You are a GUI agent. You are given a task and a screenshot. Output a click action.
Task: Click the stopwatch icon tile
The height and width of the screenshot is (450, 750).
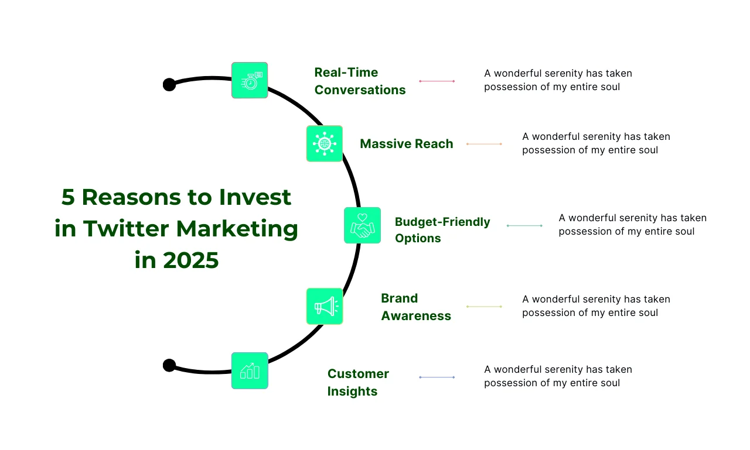tap(250, 80)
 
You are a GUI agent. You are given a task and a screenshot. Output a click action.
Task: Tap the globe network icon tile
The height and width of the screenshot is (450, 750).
tap(325, 144)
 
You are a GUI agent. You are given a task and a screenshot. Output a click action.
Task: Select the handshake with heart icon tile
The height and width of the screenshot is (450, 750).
tap(362, 225)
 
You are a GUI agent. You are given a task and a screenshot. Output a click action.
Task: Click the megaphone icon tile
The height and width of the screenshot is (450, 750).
tap(325, 306)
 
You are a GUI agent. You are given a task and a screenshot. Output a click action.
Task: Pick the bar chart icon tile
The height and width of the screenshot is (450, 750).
tap(250, 371)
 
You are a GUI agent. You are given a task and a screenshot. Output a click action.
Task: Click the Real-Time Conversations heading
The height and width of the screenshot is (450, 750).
tap(360, 81)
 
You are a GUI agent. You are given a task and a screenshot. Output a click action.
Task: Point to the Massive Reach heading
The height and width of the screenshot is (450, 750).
tap(407, 144)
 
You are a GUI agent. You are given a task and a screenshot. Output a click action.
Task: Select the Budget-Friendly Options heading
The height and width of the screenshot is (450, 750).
tap(442, 230)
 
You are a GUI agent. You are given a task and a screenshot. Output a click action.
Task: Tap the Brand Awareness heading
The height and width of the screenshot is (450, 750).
tap(416, 307)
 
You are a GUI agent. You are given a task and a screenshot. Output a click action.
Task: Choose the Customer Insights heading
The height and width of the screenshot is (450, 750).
tap(358, 383)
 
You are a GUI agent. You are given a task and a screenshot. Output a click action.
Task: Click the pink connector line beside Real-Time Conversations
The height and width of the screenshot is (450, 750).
tap(437, 81)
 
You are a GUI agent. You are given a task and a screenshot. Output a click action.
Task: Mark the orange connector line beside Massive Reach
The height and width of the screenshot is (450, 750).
tap(484, 144)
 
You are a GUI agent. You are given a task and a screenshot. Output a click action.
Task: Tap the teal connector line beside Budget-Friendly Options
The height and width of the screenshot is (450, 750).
tap(524, 226)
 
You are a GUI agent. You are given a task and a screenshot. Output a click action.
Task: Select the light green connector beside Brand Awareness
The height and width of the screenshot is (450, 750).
tap(484, 307)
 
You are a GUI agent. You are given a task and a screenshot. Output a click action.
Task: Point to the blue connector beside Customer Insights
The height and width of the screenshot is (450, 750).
tap(437, 377)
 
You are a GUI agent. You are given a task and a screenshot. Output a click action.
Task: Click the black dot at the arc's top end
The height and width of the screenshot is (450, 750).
tap(169, 85)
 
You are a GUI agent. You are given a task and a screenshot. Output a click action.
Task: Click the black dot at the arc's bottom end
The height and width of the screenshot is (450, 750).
tap(169, 365)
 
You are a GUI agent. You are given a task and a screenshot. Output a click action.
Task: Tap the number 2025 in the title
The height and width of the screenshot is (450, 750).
tap(191, 260)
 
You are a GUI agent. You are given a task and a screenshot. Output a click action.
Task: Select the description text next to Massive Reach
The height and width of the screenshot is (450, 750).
tap(596, 143)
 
